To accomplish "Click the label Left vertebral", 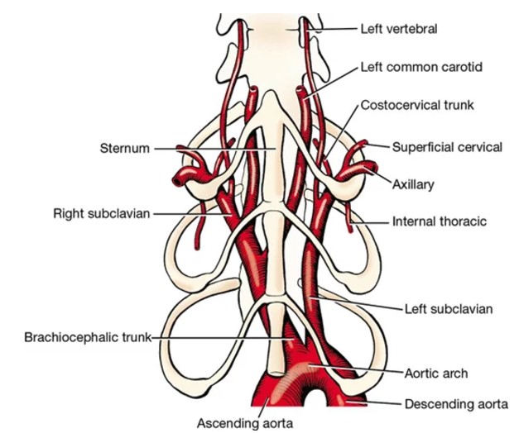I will [398, 29].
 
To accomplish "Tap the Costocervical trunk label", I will [410, 106].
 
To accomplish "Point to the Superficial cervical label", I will [447, 148].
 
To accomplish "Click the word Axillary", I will [413, 185].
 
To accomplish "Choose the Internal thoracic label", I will [439, 221].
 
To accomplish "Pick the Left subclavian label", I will [448, 309].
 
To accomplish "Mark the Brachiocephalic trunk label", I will [90, 338].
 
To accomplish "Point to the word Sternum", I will [124, 149].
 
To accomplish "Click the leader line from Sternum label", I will [215, 149].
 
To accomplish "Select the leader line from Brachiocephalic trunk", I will [223, 338].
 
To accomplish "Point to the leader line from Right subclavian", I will [190, 214].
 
